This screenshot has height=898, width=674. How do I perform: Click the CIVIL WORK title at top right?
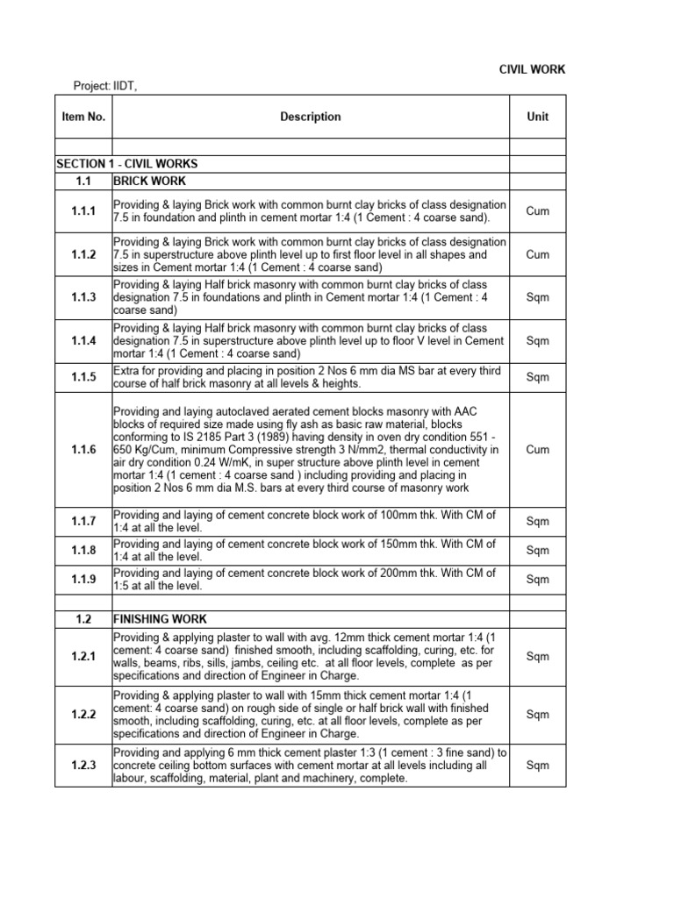[x=533, y=69]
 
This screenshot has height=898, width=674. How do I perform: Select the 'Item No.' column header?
[x=82, y=117]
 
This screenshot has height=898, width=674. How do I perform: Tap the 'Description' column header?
[x=311, y=117]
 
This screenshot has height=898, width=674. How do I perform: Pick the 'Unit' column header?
[x=537, y=117]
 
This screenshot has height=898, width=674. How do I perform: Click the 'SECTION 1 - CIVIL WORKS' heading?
[x=127, y=164]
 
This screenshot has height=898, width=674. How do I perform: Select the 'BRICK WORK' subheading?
[x=149, y=181]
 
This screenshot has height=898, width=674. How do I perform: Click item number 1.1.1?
[x=83, y=211]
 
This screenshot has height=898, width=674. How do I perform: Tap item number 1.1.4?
[x=83, y=341]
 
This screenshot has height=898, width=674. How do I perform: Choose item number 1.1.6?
[x=83, y=449]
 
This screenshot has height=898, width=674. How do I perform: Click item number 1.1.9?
[x=83, y=580]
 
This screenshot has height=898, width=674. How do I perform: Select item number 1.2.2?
[x=83, y=715]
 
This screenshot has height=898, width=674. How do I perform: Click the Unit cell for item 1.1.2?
[x=537, y=254]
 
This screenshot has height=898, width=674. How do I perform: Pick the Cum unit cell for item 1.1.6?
[x=537, y=449]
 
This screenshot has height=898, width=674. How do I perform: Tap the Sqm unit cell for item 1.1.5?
[x=537, y=378]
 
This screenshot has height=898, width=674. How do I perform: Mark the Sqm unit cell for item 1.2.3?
[x=537, y=766]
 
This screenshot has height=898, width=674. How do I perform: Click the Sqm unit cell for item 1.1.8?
[x=537, y=551]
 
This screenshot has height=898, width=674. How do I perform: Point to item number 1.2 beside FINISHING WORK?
[x=83, y=619]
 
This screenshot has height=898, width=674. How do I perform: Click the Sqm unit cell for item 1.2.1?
[x=537, y=657]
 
